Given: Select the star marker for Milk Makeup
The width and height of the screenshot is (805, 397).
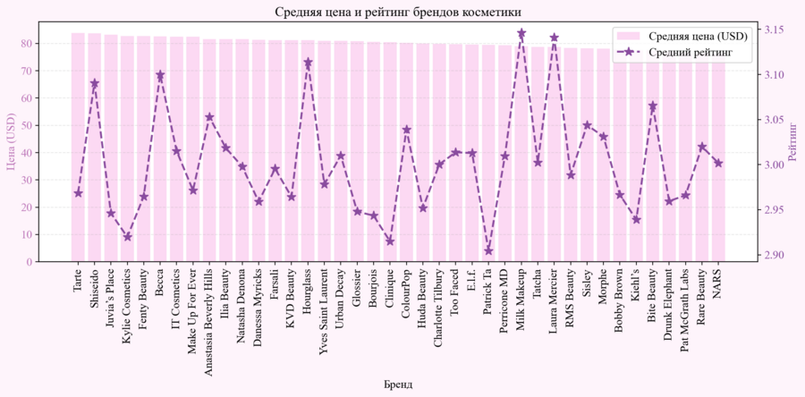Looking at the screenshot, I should point(521,34).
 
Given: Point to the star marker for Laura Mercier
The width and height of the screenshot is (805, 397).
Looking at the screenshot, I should point(554,38).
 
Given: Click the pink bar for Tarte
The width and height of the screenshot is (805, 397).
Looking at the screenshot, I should point(78,148).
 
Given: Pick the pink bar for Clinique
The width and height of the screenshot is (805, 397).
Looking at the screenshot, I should point(390,152).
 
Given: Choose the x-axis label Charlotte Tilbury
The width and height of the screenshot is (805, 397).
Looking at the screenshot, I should point(439,310).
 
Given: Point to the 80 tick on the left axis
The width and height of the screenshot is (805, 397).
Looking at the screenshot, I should point(27,43).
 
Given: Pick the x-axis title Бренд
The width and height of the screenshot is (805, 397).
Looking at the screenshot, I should point(397,384).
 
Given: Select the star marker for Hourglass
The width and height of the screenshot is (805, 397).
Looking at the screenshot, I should point(308,63).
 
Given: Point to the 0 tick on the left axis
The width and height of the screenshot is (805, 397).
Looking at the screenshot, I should point(30,262).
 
